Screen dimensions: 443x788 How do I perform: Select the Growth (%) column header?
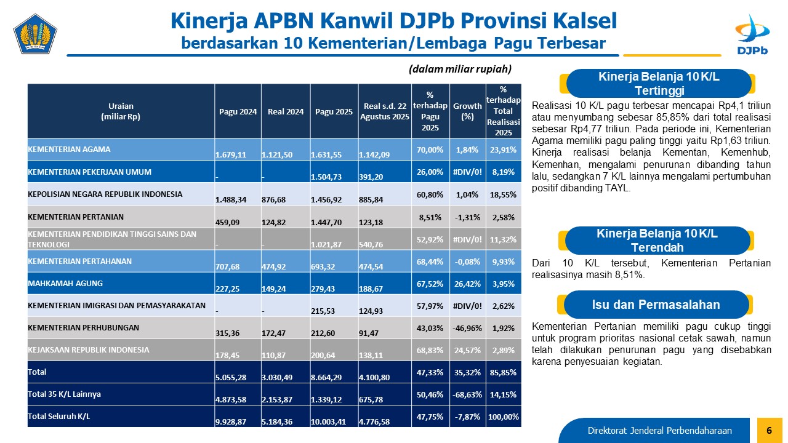coord(467,111)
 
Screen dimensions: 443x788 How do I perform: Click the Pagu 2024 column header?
coord(238,111)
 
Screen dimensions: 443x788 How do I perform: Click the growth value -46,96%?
coord(467,328)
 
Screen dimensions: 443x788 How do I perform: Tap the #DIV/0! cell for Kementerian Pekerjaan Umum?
coord(467,172)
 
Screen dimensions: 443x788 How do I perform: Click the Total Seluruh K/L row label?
coord(59,417)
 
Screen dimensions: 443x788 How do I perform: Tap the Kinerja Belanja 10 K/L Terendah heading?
coord(657,241)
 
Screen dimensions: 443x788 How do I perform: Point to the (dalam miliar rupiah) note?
coord(460,69)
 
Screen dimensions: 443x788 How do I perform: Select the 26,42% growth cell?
coord(467,284)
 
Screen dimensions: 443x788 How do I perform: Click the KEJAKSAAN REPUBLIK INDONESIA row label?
coord(89,349)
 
